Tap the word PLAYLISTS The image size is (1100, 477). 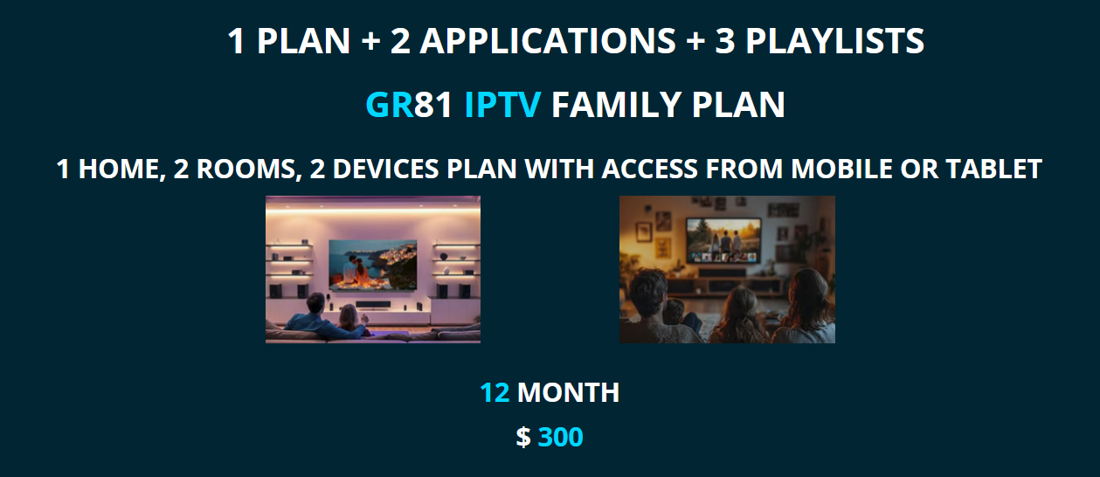[x=834, y=41]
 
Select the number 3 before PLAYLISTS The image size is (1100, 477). [x=724, y=41]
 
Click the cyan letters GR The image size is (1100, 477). [x=389, y=105]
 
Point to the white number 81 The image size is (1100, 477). [x=433, y=105]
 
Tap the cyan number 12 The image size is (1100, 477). [x=495, y=393]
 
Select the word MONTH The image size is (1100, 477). [x=568, y=393]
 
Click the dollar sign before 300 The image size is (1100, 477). [x=522, y=437]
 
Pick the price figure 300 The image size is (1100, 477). [x=560, y=437]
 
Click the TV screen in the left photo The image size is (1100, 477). [x=372, y=265]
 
